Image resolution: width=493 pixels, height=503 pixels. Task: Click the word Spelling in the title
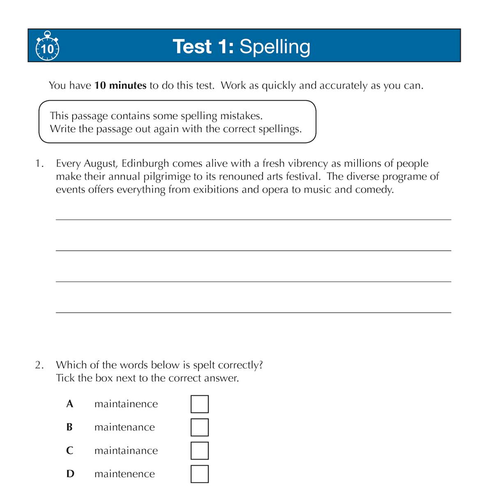coord(274,47)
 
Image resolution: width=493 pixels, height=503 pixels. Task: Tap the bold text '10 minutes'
coord(120,85)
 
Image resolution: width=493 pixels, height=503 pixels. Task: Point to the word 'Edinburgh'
coord(145,163)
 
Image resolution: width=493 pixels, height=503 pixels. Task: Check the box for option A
coord(200,404)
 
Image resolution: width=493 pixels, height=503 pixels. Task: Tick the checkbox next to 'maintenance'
coord(200,427)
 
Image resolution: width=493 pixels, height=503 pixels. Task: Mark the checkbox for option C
coord(200,450)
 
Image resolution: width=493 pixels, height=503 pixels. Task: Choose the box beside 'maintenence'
coord(200,474)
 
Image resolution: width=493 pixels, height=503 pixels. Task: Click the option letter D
coord(70,474)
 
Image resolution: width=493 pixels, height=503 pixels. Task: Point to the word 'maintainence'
coord(126,404)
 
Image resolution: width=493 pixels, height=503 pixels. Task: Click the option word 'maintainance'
coord(126,450)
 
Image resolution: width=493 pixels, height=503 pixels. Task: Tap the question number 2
coord(39,365)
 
